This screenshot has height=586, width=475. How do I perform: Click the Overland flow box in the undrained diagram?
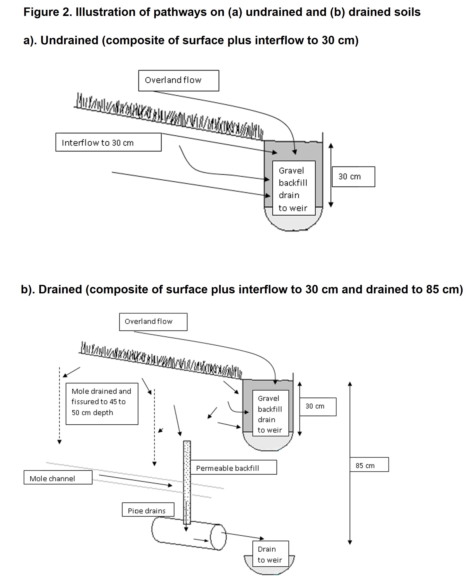(178, 80)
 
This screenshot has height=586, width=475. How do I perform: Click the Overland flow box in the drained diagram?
(153, 322)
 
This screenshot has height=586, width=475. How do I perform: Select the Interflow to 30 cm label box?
(108, 142)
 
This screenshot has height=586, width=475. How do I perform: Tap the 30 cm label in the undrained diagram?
(353, 177)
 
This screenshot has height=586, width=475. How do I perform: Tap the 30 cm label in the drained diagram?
(317, 406)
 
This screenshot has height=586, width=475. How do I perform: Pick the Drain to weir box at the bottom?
(270, 554)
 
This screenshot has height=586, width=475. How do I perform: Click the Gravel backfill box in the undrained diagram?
(293, 188)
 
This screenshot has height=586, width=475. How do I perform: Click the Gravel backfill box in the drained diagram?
(270, 414)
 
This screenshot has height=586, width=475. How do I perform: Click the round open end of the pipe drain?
(218, 537)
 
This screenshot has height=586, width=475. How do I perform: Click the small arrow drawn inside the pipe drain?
(201, 540)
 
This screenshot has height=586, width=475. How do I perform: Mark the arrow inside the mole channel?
(135, 481)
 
